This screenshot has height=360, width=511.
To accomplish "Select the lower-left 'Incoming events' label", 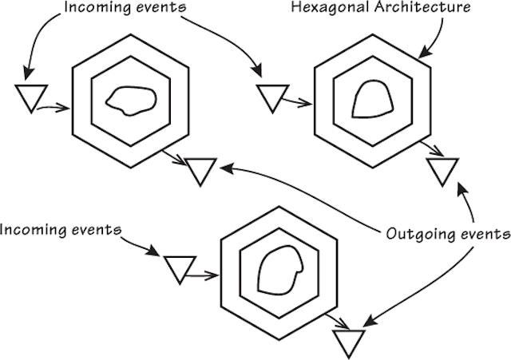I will click(x=61, y=231).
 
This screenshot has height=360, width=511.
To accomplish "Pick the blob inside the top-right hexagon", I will click(x=371, y=101).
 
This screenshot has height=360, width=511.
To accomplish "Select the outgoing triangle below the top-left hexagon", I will click(x=200, y=169).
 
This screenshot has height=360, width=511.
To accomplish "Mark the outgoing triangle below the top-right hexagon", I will click(x=442, y=170).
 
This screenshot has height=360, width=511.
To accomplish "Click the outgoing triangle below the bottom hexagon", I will click(x=347, y=342).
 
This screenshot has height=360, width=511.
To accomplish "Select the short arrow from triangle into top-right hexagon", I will click(x=299, y=102).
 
